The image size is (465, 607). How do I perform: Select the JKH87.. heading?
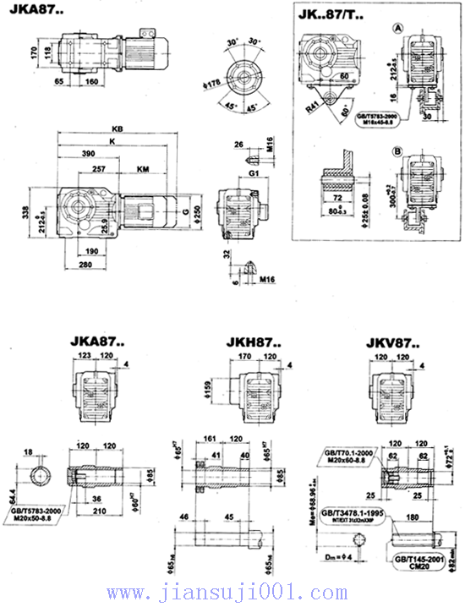[253, 343]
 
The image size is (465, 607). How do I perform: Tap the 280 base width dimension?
[85, 265]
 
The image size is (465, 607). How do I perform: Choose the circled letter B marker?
[397, 152]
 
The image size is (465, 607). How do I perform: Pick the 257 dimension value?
[99, 170]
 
